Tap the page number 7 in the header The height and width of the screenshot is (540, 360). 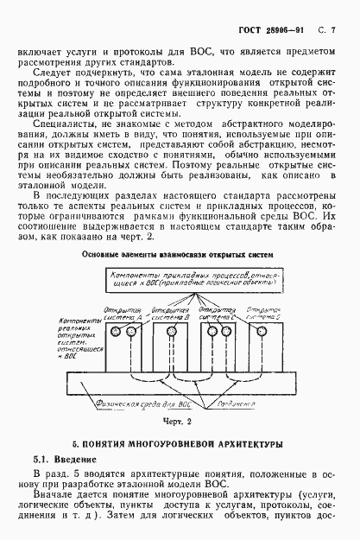coord(332,32)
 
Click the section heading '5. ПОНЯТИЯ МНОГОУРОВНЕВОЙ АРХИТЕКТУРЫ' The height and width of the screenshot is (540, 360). coord(180,443)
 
